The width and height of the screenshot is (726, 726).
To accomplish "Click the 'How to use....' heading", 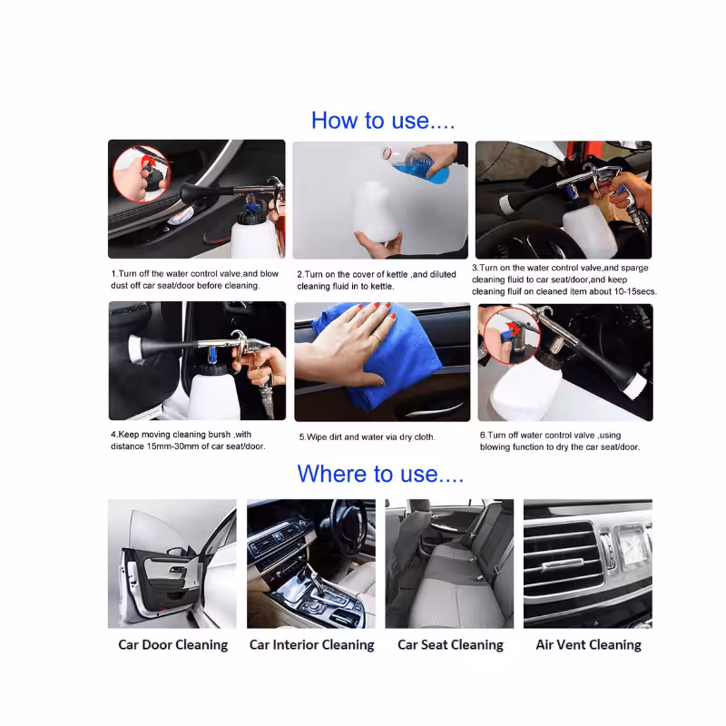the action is point(383,121).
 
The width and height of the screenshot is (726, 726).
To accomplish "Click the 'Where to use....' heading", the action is point(380,474).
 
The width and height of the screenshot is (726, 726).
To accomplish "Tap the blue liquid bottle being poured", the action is point(417,164).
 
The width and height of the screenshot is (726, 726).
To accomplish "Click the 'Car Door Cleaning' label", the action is point(172,644).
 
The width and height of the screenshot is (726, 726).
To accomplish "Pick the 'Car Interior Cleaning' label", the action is point(311,644).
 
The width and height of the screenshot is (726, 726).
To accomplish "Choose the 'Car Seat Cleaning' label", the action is point(450,644).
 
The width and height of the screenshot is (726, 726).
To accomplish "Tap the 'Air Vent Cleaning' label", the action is point(588,644).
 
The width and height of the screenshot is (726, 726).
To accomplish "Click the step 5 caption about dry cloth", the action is point(368,437).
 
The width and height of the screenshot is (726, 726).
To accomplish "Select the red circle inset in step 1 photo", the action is point(142,174).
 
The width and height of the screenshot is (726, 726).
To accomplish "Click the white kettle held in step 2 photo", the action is point(377,211).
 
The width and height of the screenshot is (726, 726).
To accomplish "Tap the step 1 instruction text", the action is point(194,280).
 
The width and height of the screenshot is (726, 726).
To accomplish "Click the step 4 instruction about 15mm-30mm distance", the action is point(188,440).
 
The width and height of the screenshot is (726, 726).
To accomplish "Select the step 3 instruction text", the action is point(564,280).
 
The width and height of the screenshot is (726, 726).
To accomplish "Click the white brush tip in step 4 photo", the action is point(133,349).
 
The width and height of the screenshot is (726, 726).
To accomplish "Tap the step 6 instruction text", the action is point(560,441).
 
